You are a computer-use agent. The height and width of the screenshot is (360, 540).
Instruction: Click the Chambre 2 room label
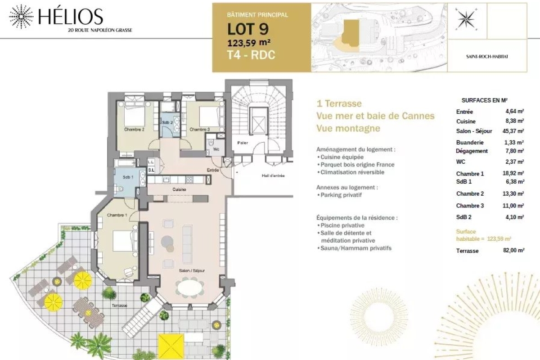point(134,130)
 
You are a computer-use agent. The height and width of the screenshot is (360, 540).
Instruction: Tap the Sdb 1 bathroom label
point(128,177)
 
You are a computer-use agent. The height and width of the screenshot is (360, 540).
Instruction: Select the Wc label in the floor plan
point(216,149)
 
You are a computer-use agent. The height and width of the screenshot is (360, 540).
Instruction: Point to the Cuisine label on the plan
point(179,189)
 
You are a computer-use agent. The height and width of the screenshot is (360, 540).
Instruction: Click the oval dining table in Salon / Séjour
point(190,288)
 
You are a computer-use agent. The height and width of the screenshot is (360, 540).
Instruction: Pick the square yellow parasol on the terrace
point(171,347)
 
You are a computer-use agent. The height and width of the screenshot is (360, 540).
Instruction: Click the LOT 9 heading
point(248,29)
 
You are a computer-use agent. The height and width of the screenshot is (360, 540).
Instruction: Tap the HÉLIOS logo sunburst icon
point(21,16)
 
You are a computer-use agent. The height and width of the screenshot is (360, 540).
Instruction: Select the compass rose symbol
point(466,19)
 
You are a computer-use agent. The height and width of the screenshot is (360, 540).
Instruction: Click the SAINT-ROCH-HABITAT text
point(487,57)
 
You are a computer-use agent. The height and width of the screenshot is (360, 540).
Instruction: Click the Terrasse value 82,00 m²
point(514,250)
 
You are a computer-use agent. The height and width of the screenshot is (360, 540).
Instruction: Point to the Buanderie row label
point(470,143)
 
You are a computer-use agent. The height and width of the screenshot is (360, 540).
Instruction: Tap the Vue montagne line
point(348,128)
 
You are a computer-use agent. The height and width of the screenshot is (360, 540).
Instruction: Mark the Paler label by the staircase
point(243,143)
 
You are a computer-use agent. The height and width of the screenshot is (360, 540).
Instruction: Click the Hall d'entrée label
point(273,176)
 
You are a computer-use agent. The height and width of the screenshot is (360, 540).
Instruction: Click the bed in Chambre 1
point(123,241)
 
